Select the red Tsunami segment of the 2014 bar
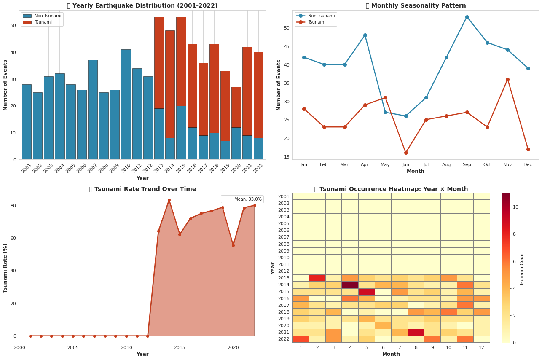[170, 84]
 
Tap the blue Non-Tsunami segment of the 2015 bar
[181, 132]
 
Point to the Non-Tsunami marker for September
[467, 17]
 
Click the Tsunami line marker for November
[507, 79]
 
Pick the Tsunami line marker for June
[406, 153]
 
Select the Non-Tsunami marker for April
[365, 35]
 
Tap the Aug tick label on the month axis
[446, 164]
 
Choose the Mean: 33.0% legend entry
[242, 199]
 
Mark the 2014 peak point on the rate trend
[169, 200]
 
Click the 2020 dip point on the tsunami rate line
[233, 245]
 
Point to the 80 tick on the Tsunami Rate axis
[13, 206]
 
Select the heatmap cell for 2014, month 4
[350, 285]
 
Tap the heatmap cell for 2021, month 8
[416, 332]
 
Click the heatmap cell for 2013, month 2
[317, 278]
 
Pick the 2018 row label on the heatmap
[284, 312]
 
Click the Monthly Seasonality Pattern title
[416, 6]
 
